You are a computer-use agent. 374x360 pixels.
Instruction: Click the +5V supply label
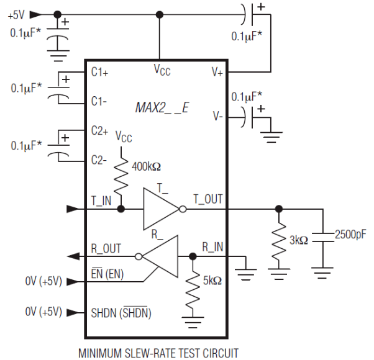(16, 15)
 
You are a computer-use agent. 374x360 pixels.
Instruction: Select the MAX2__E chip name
(162, 108)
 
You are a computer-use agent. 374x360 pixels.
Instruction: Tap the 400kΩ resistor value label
(146, 166)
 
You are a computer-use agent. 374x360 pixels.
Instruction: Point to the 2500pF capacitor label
(350, 235)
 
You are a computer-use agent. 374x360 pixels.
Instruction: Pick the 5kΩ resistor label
(212, 281)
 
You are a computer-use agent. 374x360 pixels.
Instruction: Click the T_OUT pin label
(208, 199)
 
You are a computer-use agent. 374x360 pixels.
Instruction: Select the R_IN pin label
(212, 247)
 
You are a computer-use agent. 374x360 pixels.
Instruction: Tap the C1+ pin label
(99, 72)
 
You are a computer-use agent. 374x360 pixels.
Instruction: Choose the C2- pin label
(99, 160)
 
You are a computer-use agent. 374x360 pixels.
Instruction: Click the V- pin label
(217, 116)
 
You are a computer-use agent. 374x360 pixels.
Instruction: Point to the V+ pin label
(217, 72)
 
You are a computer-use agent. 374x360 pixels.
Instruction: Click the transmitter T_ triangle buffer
(162, 209)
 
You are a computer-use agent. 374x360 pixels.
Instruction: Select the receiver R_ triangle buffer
(160, 256)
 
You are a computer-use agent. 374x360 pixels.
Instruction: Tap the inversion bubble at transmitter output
(183, 209)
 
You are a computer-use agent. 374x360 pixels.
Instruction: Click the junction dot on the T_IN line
(121, 209)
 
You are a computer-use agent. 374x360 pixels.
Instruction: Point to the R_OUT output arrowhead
(73, 256)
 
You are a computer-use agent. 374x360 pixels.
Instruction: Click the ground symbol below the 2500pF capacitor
(322, 273)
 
